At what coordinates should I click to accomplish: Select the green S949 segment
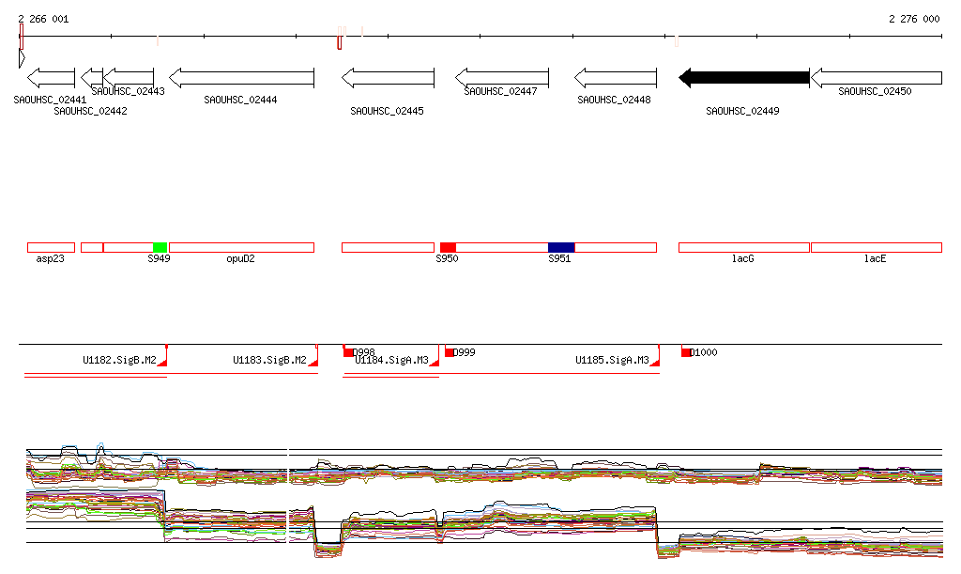[x=160, y=247]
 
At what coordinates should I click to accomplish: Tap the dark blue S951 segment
[x=561, y=247]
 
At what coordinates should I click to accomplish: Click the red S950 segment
[x=448, y=247]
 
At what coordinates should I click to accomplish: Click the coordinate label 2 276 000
[x=913, y=19]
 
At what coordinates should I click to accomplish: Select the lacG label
[x=743, y=258]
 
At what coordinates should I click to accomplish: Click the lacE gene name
[x=875, y=258]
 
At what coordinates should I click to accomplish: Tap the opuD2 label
[x=240, y=258]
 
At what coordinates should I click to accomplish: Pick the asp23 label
[x=50, y=258]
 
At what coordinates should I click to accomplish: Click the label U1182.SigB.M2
[x=119, y=360]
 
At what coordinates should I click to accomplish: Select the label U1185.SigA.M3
[x=612, y=360]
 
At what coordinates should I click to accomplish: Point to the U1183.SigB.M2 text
[x=269, y=360]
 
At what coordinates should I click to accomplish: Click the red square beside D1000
[x=686, y=352]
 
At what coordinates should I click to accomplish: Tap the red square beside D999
[x=450, y=352]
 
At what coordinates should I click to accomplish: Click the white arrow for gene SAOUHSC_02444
[x=228, y=78]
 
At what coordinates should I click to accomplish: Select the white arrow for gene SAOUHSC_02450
[x=876, y=78]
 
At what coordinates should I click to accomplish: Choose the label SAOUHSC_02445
[x=387, y=111]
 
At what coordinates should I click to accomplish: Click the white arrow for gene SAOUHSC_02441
[x=51, y=78]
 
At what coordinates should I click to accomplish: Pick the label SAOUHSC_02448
[x=614, y=100]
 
